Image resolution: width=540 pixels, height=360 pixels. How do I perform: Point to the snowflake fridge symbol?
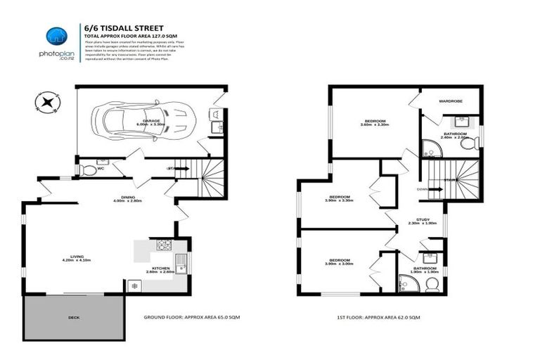pyautogui.click(x=134, y=285)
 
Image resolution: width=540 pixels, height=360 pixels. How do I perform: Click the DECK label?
pyautogui.click(x=74, y=318)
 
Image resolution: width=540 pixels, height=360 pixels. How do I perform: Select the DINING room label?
pyautogui.click(x=127, y=198)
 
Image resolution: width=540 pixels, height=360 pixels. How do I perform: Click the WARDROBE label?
pyautogui.click(x=450, y=101)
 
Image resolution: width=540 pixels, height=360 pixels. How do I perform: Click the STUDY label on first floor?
pyautogui.click(x=423, y=219)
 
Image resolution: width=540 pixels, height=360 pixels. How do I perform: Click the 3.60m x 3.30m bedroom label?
pyautogui.click(x=374, y=122)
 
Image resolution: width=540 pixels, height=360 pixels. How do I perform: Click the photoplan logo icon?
pyautogui.click(x=56, y=37)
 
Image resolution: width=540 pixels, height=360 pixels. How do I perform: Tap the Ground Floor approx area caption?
pyautogui.click(x=191, y=318)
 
